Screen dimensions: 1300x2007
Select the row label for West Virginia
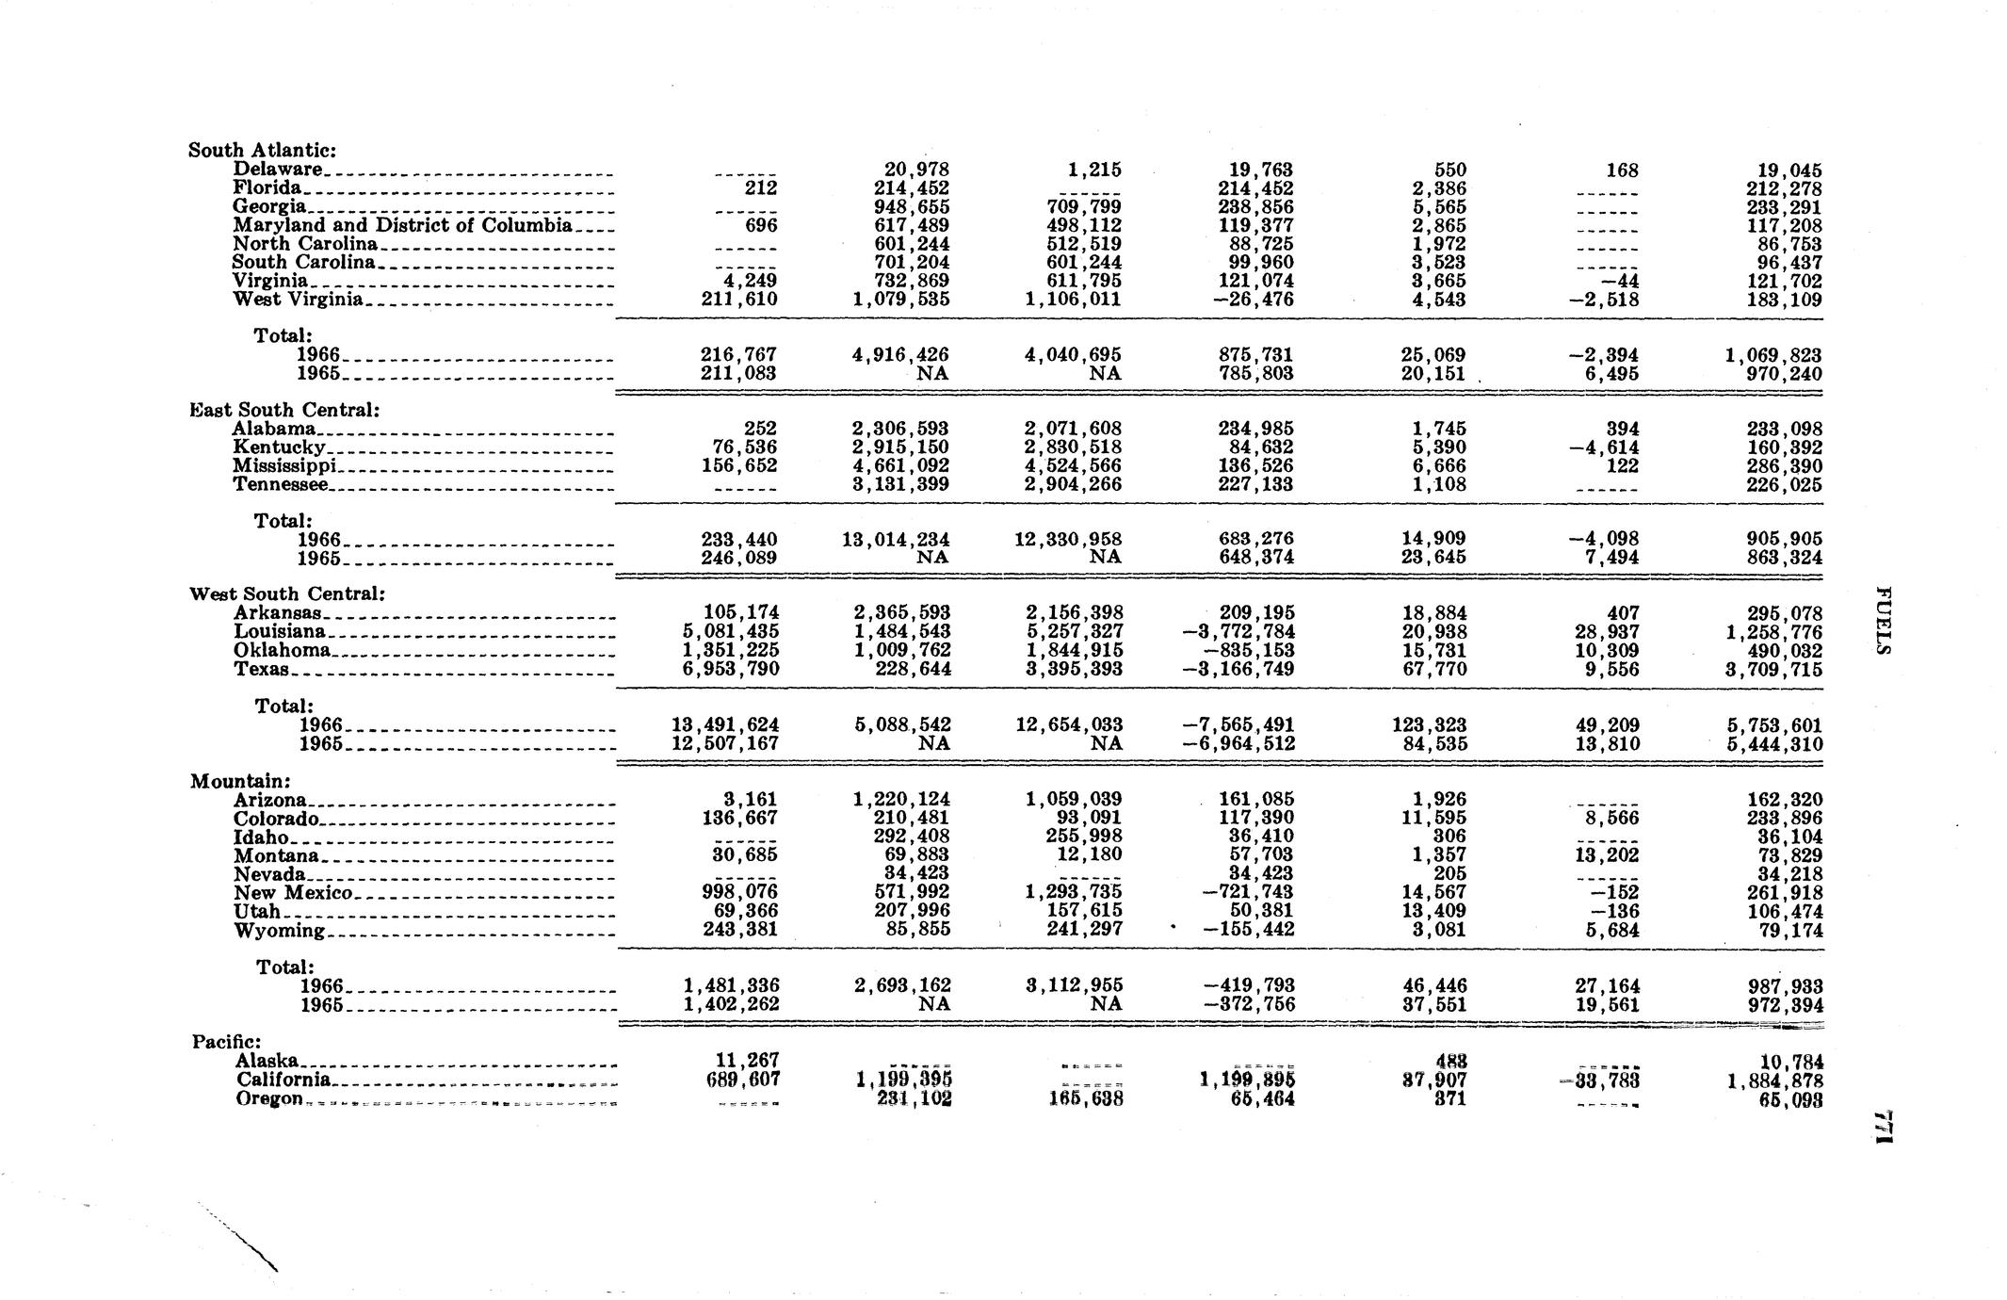[x=298, y=300]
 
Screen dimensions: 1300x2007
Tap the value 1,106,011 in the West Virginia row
[x=1074, y=300]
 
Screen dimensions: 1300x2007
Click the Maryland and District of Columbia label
[x=402, y=225]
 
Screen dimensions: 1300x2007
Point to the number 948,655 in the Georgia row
[x=910, y=207]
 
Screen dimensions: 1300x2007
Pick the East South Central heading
[x=284, y=410]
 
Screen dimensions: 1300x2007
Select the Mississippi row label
[x=284, y=466]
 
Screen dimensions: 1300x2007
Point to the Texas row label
[x=261, y=669]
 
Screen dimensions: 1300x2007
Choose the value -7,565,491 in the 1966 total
[x=1238, y=725]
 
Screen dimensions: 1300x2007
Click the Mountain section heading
[x=240, y=781]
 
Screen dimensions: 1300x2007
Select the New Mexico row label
[x=293, y=892]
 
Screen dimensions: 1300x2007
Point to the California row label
[x=283, y=1080]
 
